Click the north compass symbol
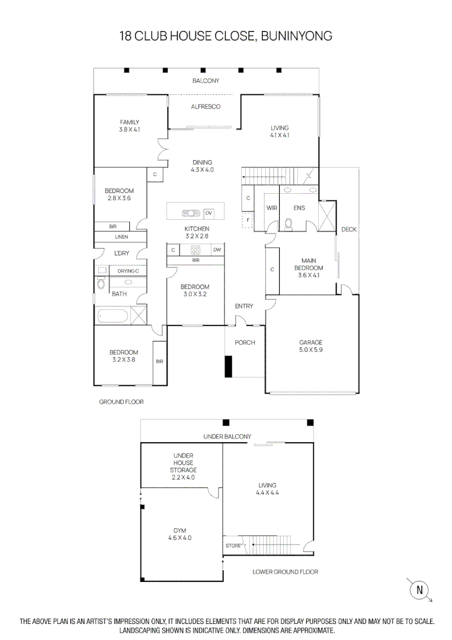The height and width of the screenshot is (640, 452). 420,590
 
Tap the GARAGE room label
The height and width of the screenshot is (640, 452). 311,343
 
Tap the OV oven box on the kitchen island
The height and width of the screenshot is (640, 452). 209,213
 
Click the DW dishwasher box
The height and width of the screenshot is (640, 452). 217,250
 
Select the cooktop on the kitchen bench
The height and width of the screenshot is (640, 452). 195,250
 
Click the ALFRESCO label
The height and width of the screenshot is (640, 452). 206,107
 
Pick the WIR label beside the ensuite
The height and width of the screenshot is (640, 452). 272,208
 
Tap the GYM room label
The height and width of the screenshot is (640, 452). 179,531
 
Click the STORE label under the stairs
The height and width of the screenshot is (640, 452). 233,546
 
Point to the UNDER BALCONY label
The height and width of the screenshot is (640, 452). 227,437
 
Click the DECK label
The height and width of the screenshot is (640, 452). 349,229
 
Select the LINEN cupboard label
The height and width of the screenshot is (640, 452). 121,237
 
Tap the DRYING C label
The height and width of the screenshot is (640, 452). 128,271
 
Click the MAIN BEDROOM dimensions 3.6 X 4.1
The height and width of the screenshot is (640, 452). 308,275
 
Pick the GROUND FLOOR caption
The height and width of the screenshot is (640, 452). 121,402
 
